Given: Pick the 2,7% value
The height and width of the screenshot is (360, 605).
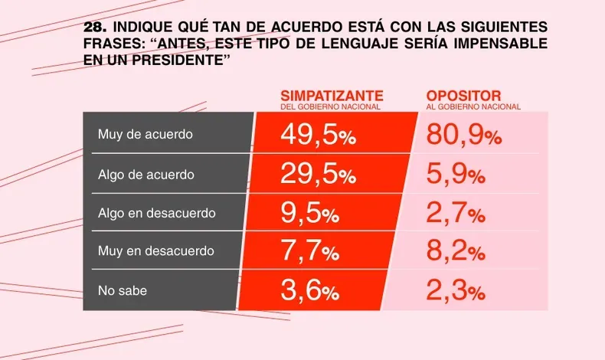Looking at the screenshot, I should click(x=456, y=214).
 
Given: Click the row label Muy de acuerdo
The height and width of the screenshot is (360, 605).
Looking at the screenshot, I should click(x=145, y=134).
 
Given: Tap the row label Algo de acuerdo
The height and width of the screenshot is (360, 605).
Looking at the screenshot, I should click(x=146, y=174).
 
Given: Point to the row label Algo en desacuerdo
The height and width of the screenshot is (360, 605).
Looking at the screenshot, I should click(x=157, y=213).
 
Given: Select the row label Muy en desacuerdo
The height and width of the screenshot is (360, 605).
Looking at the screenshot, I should click(x=155, y=251).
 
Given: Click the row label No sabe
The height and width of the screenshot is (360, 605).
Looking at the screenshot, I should click(x=122, y=290).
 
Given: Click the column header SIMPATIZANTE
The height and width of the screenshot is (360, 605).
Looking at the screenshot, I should click(x=332, y=96).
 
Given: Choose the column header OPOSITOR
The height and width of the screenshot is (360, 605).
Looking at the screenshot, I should click(x=463, y=96).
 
